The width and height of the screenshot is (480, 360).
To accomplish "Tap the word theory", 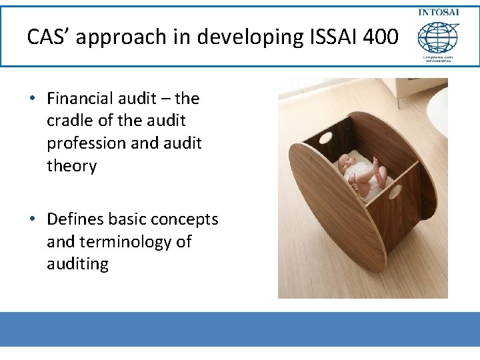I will click(71, 166).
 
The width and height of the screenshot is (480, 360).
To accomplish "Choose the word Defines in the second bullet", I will click(75, 219).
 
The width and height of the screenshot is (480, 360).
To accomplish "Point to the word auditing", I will click(77, 264).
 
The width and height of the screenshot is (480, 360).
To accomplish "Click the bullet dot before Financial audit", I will click(32, 99).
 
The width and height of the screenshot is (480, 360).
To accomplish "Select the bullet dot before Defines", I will click(32, 219).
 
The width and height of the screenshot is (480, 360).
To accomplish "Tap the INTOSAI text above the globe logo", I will click(438, 13).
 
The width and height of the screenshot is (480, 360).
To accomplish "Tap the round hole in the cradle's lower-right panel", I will click(395, 193).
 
